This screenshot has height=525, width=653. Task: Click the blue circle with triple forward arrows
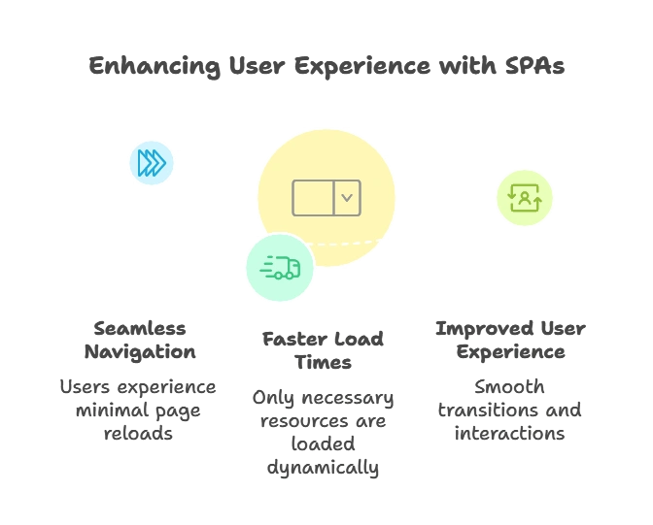click(x=152, y=163)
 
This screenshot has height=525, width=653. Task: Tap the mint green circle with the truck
click(x=280, y=267)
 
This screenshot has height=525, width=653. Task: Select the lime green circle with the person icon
click(x=525, y=198)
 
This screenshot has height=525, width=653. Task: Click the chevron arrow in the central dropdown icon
click(x=347, y=198)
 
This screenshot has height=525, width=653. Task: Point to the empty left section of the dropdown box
click(x=313, y=198)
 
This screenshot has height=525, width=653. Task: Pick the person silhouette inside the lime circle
click(x=525, y=200)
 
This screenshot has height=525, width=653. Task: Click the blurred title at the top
click(x=326, y=66)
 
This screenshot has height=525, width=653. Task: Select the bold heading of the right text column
click(x=512, y=340)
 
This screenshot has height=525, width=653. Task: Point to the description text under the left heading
click(x=135, y=410)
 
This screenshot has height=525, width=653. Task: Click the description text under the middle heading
click(x=322, y=433)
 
